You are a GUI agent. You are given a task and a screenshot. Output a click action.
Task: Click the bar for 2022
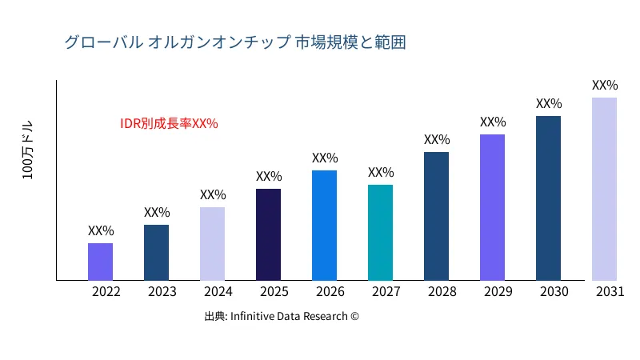pos(100,262)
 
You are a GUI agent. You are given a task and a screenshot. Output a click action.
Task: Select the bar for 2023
pos(156,253)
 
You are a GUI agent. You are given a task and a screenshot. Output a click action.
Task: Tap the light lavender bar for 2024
pos(212,244)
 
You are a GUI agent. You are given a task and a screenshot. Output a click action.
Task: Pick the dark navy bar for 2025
pos(268,234)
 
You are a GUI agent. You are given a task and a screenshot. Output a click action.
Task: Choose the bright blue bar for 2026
pos(324,226)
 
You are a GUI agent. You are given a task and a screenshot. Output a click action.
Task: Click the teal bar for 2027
pos(380,233)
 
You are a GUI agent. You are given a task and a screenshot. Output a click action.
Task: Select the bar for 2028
pos(436,216)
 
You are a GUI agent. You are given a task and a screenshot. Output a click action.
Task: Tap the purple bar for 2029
pos(492,207)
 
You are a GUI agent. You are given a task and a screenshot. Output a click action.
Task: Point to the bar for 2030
pos(548,198)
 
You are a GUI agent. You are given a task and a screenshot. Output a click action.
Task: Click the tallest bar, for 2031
pos(604,189)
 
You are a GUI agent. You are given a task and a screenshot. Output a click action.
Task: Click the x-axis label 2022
pos(106,292)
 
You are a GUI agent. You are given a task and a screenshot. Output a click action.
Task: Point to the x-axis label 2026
pos(330,292)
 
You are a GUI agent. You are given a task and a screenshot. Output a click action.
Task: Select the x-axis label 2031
pos(610,292)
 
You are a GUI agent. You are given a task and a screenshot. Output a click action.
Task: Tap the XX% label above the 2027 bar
pos(381,172)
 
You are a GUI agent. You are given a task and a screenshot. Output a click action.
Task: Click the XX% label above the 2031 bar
pos(605,85)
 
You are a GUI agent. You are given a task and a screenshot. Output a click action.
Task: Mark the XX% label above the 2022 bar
pos(101,230)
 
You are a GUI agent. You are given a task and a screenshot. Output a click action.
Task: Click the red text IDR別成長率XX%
pos(169,124)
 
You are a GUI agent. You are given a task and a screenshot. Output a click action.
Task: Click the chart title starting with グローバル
pos(235,42)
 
